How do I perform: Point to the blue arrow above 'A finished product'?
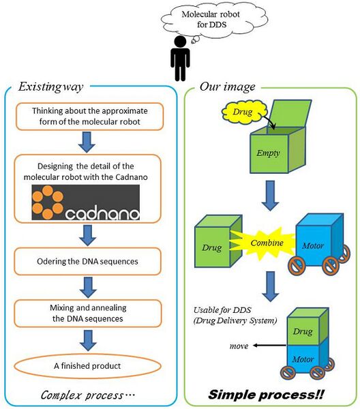click(86, 338)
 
